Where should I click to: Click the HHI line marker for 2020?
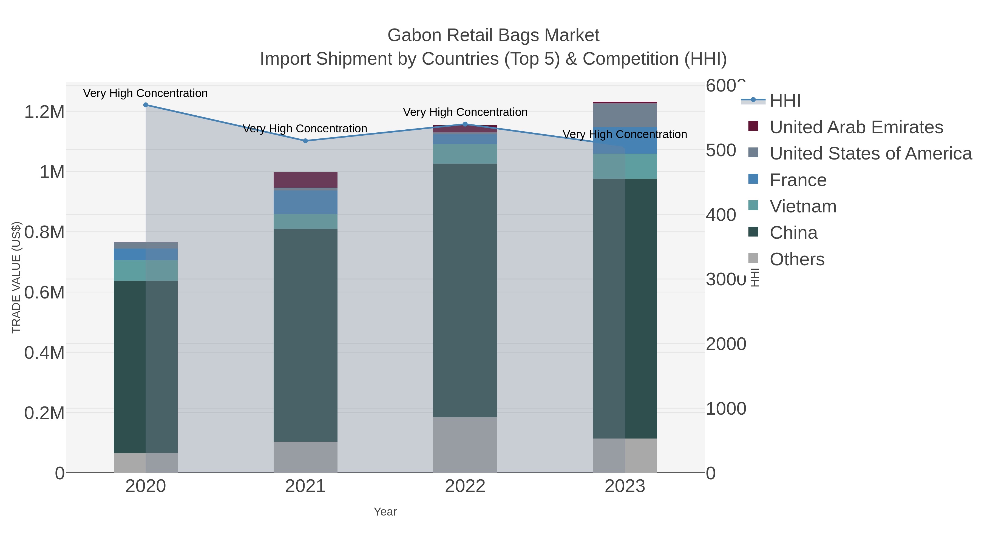[146, 105]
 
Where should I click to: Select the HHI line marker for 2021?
[305, 141]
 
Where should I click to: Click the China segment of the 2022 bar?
[465, 290]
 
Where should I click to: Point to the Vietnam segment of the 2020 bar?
[146, 271]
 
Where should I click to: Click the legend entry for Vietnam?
[803, 206]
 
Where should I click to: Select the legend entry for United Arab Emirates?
[856, 127]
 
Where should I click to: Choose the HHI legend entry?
[785, 101]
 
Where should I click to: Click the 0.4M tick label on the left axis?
[44, 353]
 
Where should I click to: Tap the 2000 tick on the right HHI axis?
[726, 344]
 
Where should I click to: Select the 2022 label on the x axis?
[465, 486]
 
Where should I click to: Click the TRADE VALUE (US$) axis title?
[16, 277]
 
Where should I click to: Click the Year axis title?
[385, 512]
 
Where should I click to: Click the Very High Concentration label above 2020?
[146, 93]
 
